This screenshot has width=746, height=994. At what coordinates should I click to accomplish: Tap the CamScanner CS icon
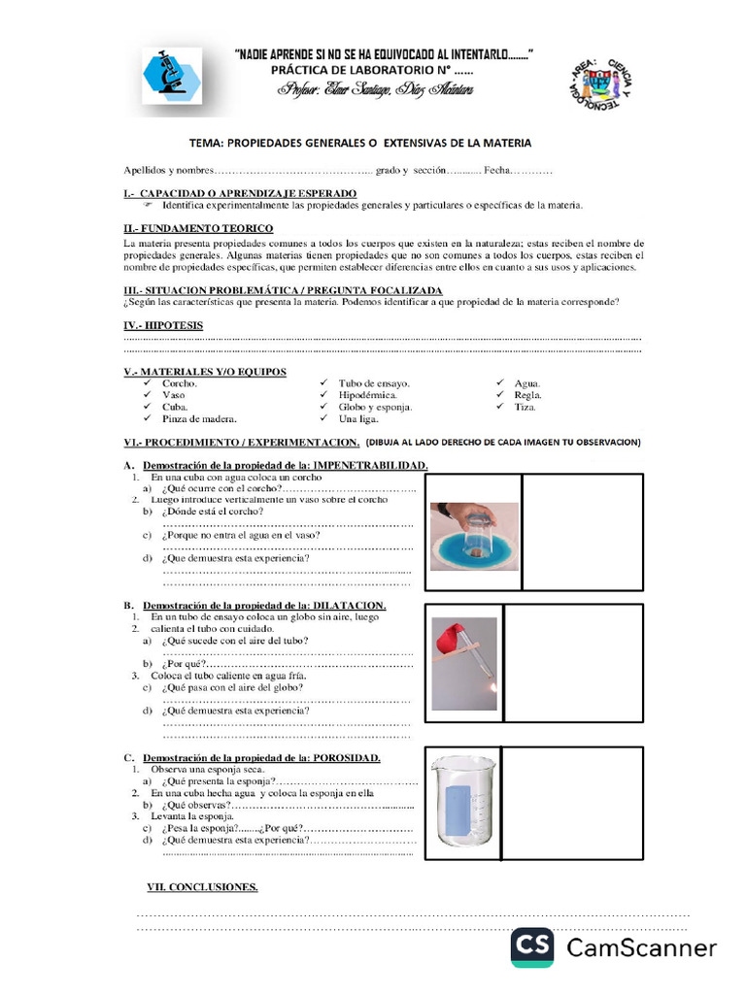pos(532,947)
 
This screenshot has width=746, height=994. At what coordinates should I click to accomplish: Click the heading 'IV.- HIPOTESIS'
pos(163,325)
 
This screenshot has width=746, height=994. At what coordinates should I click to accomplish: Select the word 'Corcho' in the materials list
pos(180,383)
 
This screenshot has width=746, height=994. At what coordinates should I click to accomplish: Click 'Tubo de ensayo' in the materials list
pos(374,383)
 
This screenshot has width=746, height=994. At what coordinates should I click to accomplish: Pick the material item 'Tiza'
pos(526,407)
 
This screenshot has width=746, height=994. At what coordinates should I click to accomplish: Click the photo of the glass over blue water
pos(474,535)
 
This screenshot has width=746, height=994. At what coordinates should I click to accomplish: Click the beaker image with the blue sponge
pos(464,802)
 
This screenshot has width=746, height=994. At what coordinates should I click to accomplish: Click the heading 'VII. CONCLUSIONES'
pos(201,886)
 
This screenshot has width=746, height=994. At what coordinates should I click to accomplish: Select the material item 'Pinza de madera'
pos(199,418)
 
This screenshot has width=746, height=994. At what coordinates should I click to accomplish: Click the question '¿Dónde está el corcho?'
pos(215,511)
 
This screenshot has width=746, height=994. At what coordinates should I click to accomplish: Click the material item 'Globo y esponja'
pos(375,407)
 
